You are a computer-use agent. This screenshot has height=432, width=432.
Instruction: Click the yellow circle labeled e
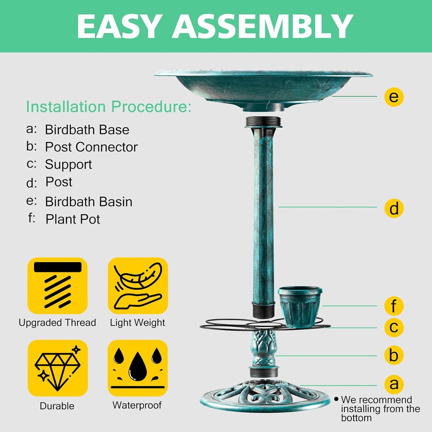[x=394, y=97]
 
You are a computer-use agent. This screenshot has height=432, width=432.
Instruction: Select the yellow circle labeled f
[x=394, y=306]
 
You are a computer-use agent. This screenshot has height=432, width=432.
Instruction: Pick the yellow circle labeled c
[x=394, y=327]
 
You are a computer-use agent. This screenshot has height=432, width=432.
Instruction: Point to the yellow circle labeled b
[x=394, y=355]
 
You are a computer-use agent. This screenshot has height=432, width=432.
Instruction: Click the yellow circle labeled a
[x=394, y=384]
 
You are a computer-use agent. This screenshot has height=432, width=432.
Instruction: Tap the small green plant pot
[x=300, y=306]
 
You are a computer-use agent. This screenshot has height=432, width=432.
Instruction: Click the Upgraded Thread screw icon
[x=57, y=286]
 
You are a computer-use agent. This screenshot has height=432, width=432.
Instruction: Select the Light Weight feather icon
[x=138, y=286]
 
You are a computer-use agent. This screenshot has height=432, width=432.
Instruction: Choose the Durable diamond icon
[x=57, y=368]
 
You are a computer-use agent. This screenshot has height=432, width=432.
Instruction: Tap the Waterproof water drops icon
[x=138, y=368]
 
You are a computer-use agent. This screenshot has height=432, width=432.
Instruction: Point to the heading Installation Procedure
[x=109, y=107]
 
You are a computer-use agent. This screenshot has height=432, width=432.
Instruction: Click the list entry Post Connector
[x=91, y=147]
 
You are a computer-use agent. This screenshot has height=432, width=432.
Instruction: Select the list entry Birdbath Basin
[x=88, y=202]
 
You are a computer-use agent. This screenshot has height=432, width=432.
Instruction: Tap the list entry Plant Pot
[x=72, y=219]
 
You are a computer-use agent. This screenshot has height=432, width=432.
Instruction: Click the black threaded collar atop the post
[x=263, y=122]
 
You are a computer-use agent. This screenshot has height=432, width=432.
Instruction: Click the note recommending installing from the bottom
[x=380, y=409]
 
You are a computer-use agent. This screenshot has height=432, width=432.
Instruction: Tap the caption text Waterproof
[x=137, y=405]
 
